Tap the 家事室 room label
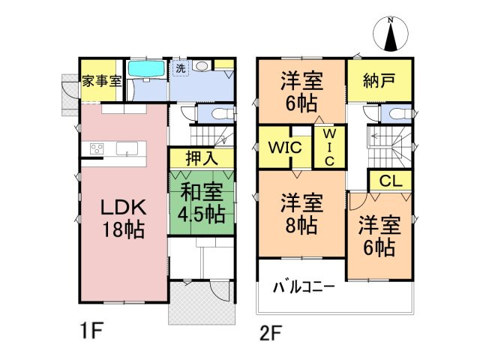click(102, 81)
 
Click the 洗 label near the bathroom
click(180, 68)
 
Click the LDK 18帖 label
click(123, 217)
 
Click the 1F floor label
click(91, 331)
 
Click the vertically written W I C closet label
click(328, 147)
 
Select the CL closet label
click(389, 181)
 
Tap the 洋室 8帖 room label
click(302, 213)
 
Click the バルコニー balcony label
click(303, 286)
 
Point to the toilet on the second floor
click(394, 113)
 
